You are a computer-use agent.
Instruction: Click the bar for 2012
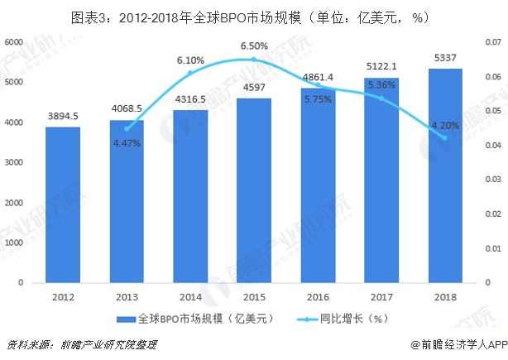(x=63, y=204)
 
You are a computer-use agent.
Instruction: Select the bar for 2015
(x=254, y=190)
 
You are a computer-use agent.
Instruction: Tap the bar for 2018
(x=445, y=175)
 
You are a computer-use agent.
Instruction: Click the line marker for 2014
(x=190, y=73)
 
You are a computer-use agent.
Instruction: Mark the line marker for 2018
(x=445, y=138)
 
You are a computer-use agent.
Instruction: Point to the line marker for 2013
(x=127, y=129)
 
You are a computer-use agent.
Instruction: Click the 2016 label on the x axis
(x=318, y=296)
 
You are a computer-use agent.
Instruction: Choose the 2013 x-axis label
(x=127, y=296)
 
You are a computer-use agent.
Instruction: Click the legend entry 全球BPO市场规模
(x=194, y=318)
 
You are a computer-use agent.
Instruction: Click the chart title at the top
(x=254, y=15)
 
